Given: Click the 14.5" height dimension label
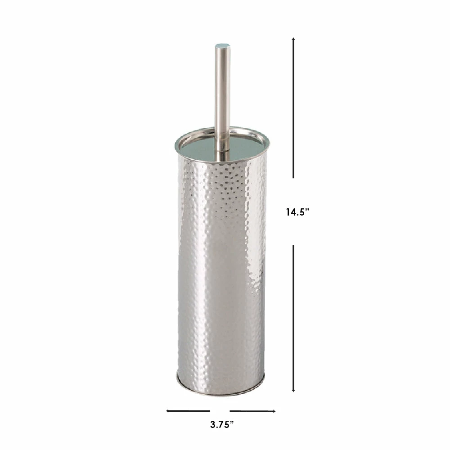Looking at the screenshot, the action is [297, 212].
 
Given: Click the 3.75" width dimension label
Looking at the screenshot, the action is [222, 424].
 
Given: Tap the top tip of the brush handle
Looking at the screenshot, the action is [222, 44].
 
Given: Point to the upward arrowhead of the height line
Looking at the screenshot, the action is [293, 39].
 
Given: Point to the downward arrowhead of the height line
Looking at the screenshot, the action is [293, 390].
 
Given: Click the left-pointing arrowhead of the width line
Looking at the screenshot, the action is [167, 411].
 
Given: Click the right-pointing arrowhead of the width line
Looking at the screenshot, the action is [274, 411].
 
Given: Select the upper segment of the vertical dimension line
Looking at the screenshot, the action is [293, 108].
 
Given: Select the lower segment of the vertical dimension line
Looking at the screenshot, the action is [293, 319].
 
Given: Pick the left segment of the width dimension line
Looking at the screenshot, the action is [188, 411].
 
